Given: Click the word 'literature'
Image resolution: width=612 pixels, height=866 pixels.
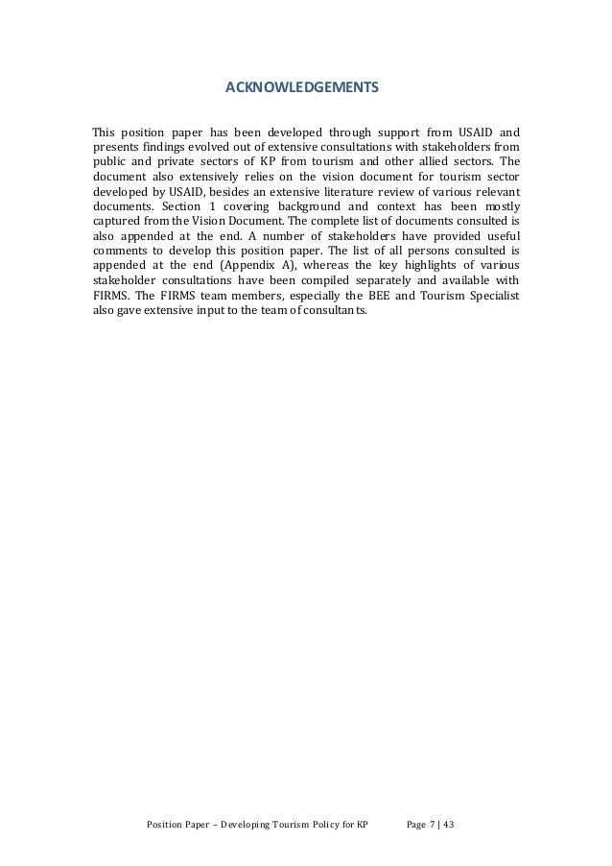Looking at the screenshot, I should coord(347,192).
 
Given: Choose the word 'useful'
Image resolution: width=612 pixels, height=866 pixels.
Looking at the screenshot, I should coord(496,236).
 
